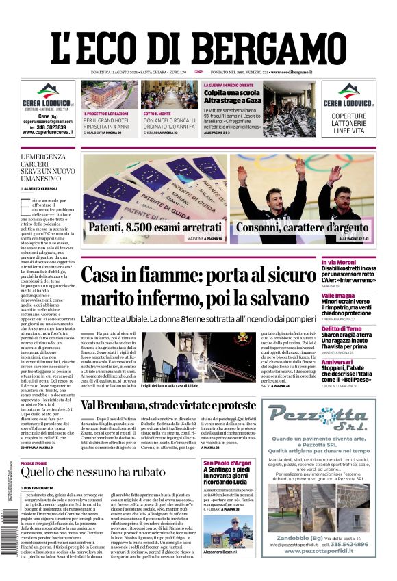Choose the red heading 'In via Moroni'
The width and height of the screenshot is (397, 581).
coord(358,263)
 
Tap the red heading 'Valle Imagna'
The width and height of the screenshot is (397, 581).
coord(357,296)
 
